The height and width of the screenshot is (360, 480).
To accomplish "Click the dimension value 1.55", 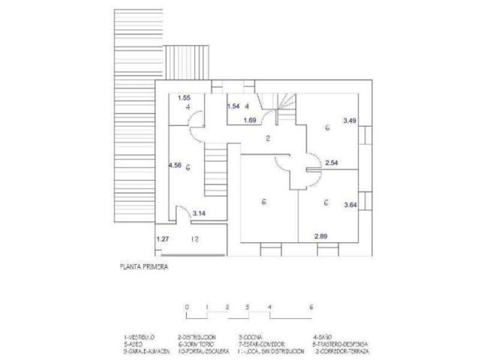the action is pyautogui.click(x=183, y=98).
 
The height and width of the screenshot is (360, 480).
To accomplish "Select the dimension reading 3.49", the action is pyautogui.click(x=350, y=121).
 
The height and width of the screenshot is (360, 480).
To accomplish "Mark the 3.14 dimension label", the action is pyautogui.click(x=199, y=214).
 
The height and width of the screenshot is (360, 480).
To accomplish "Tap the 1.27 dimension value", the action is pyautogui.click(x=163, y=239).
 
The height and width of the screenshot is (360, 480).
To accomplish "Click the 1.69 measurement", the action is pyautogui.click(x=250, y=120).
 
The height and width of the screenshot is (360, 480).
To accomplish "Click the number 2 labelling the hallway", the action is pyautogui.click(x=267, y=138).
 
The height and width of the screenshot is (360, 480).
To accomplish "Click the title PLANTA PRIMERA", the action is pyautogui.click(x=143, y=266).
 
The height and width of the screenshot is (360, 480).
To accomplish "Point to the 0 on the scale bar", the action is pyautogui.click(x=187, y=307).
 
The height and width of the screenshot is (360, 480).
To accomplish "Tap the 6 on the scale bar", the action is pyautogui.click(x=311, y=307).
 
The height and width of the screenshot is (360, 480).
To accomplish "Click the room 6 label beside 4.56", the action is pyautogui.click(x=188, y=166).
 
